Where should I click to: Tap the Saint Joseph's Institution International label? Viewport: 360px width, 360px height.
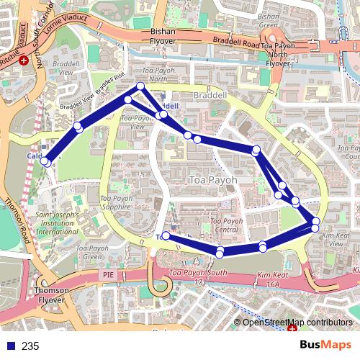58,222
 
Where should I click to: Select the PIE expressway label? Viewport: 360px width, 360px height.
109,274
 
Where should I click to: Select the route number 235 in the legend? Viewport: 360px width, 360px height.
30,346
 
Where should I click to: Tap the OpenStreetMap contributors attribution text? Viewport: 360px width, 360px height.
297,322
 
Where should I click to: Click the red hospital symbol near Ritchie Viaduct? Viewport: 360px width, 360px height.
24,60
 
